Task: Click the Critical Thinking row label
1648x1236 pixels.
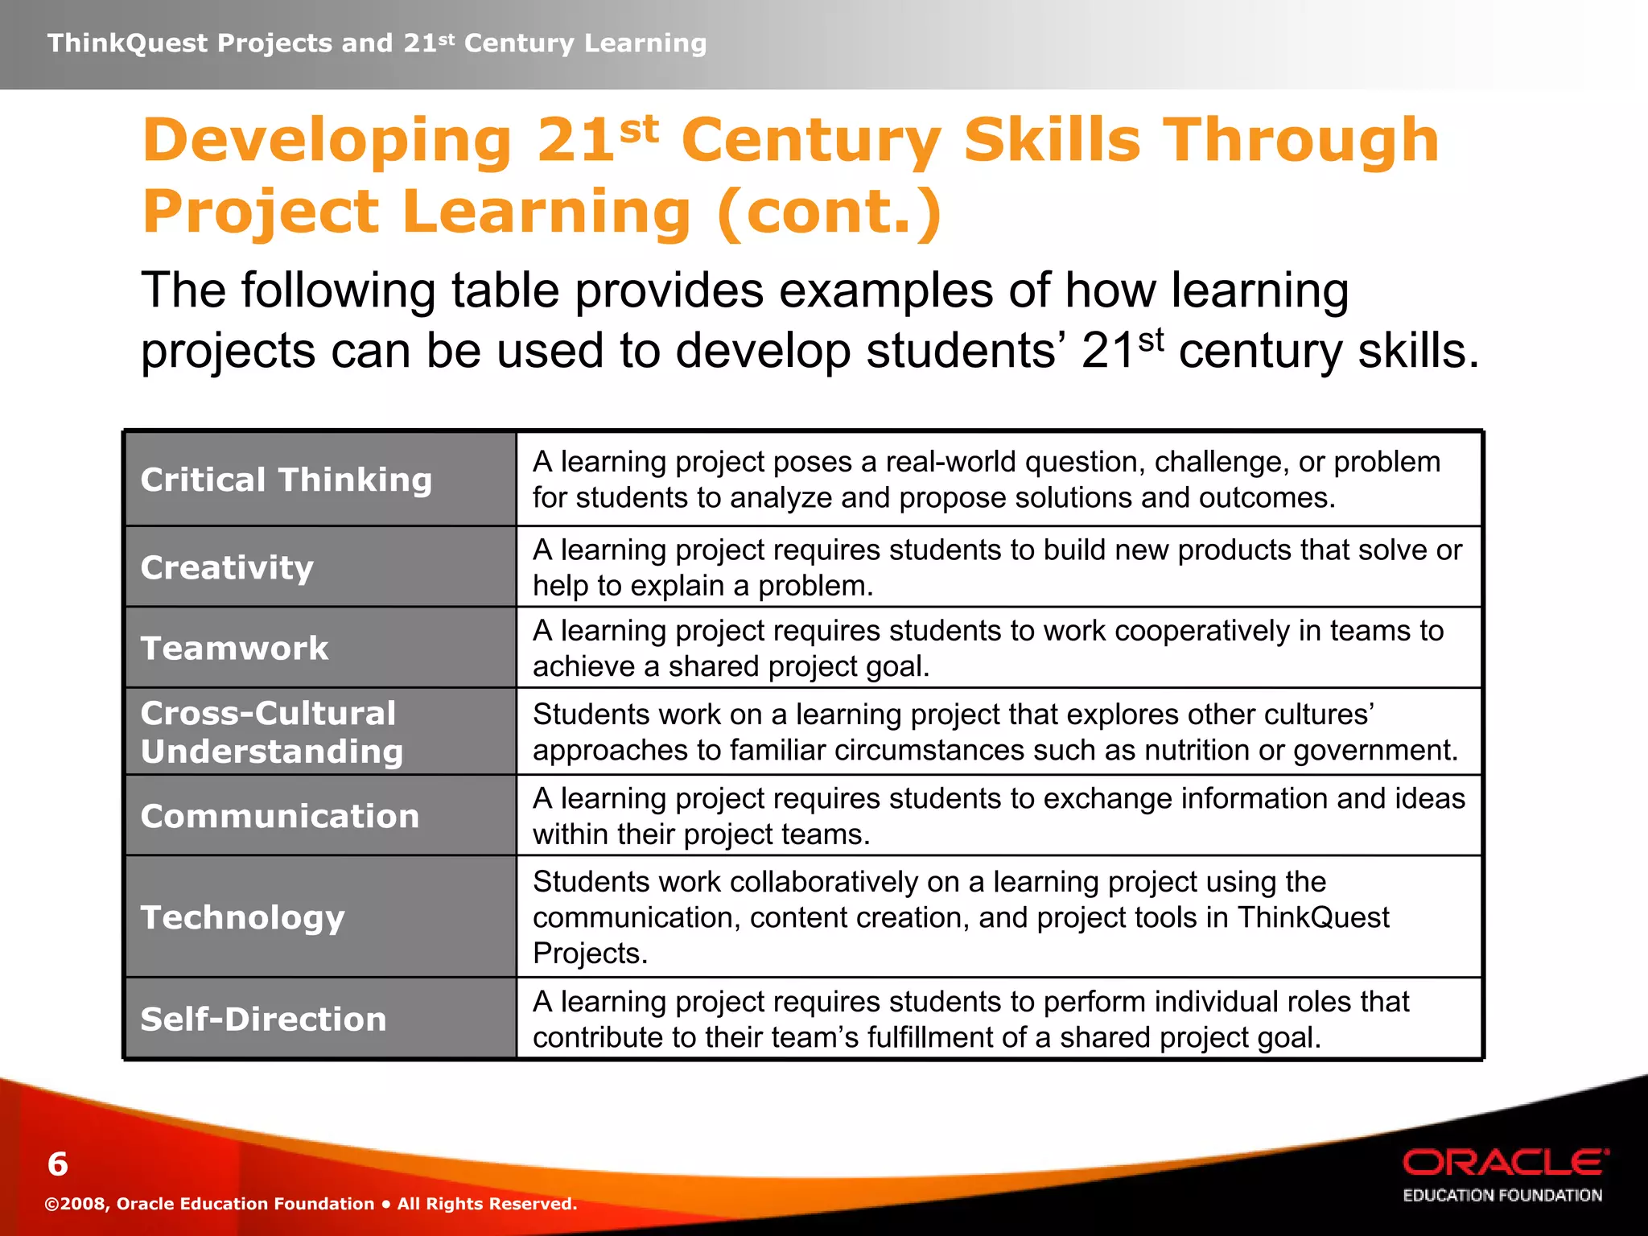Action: pos(286,480)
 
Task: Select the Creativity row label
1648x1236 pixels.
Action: pos(227,567)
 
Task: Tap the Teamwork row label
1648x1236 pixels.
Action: pos(234,648)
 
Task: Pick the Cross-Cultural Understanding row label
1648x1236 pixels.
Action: pos(271,732)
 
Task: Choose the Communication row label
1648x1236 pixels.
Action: pos(280,816)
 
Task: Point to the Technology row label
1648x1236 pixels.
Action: pos(242,917)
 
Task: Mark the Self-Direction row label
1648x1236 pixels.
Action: pos(263,1019)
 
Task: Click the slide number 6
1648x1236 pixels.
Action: pos(58,1164)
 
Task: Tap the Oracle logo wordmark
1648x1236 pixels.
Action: pos(1506,1163)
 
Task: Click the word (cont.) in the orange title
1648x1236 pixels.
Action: pos(829,212)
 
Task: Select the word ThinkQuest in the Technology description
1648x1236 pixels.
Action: pos(1313,917)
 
